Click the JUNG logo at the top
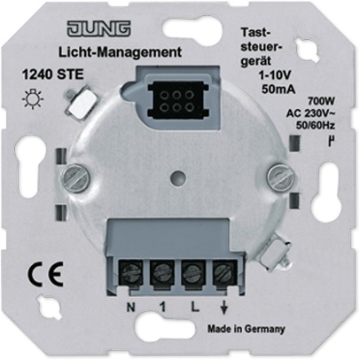click(99, 29)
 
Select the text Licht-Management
click(120, 52)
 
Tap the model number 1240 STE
click(53, 74)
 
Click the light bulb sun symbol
click(33, 98)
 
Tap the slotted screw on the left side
click(76, 178)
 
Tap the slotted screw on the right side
click(281, 178)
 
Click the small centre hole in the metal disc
click(178, 177)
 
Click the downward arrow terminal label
click(224, 309)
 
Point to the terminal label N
click(130, 308)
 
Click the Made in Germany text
click(246, 329)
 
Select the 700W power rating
click(321, 102)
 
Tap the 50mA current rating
click(278, 89)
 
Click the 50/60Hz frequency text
click(315, 126)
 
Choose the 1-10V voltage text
click(275, 75)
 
